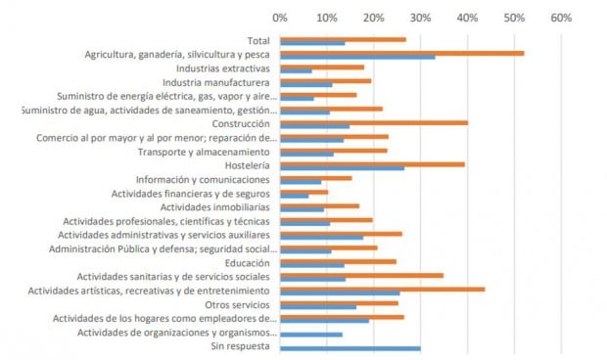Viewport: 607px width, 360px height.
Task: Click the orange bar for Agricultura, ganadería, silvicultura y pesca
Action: pos(401,53)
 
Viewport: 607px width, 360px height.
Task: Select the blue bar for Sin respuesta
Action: pos(350,348)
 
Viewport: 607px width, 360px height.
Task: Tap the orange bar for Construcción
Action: pos(374,122)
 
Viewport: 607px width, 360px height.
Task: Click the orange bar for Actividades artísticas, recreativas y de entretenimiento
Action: pos(382,289)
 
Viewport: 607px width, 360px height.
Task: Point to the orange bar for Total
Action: pos(343,39)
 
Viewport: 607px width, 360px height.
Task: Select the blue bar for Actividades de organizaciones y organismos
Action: pos(310,335)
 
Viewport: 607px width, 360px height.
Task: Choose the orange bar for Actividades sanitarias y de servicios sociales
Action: pos(361,275)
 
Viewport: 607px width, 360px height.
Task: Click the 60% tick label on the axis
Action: pos(561,18)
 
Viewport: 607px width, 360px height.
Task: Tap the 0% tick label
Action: pos(280,18)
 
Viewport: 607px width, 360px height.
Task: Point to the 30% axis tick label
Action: pos(420,18)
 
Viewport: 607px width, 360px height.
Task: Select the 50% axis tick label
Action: pos(514,18)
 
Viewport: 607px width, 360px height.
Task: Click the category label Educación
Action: pos(250,262)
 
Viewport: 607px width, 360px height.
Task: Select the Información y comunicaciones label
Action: pos(205,180)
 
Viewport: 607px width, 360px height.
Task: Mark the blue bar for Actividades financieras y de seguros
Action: pos(294,196)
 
